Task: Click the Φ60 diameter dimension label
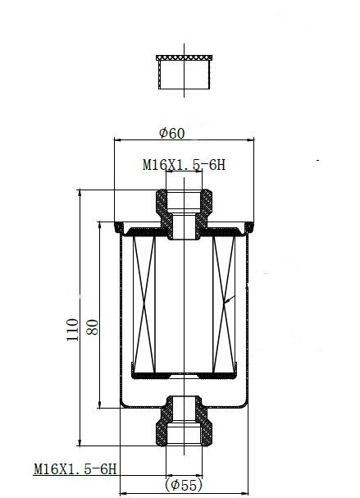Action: point(171,133)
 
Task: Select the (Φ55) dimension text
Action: point(184,485)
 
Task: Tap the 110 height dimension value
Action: point(73,330)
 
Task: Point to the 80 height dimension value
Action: point(93,327)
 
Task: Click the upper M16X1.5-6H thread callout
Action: point(185,165)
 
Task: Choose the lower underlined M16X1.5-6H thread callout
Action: point(75,468)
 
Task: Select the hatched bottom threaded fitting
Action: point(185,421)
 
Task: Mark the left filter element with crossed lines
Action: point(144,304)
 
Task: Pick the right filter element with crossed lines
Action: point(224,304)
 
